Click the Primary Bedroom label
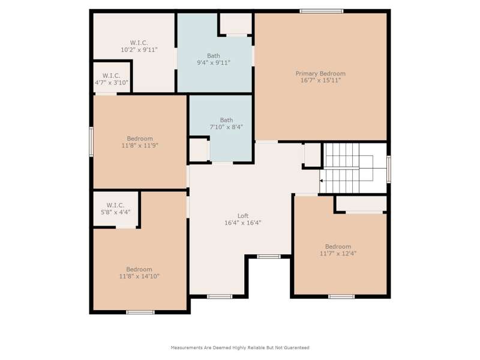coord(320,73)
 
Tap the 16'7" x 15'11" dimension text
coord(320,80)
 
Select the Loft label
coord(243,216)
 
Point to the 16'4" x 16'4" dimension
coord(243,223)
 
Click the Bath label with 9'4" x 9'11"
coord(214,56)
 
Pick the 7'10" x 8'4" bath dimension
coord(226,127)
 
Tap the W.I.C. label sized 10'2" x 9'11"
coord(139,43)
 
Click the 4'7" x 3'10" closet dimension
coord(112,83)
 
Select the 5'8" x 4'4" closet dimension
coord(115,212)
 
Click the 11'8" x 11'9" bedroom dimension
coord(140,146)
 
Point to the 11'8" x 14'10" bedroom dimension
coord(139,277)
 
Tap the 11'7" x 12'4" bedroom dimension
coord(338,253)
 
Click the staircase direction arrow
coord(321,181)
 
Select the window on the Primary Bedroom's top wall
coord(322,11)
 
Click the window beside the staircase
coord(388,169)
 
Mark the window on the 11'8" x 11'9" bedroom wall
coord(91,142)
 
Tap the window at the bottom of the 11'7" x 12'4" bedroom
coord(341,296)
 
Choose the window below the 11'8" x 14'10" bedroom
coord(140,312)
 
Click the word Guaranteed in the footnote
coord(296,348)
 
